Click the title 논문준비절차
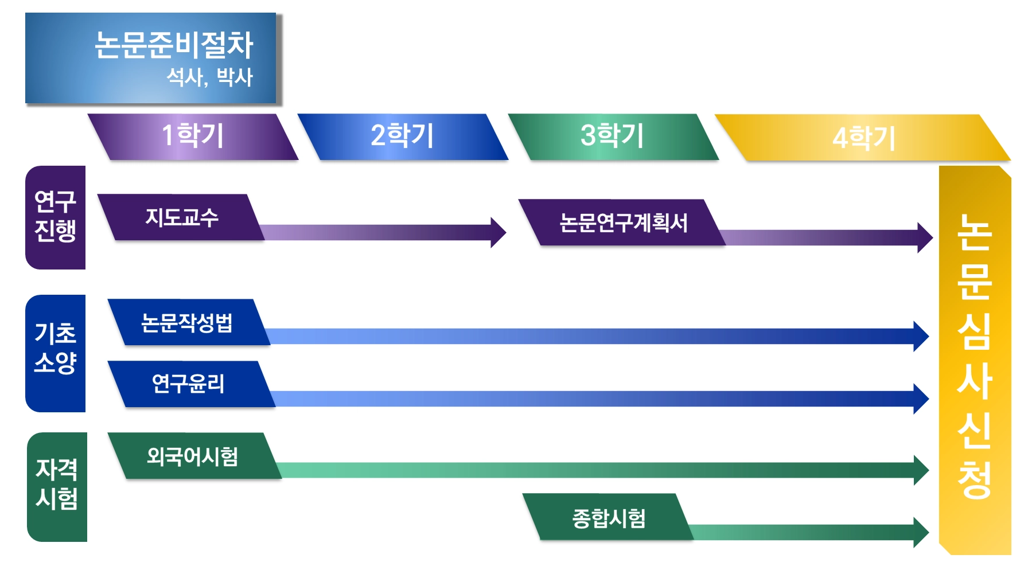173,45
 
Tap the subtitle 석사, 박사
209,77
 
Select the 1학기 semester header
193,136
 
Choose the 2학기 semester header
402,136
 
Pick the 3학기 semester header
613,136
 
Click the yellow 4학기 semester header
863,138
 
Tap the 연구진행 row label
55,217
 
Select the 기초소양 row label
55,348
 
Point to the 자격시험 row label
56,485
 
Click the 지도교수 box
182,217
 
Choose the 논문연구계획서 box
623,222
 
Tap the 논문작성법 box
187,322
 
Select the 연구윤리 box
188,384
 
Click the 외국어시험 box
192,456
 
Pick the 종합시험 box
609,518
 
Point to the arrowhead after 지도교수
498,232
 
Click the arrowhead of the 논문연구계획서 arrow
925,237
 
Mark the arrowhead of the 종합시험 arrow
921,532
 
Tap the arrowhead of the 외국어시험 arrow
921,470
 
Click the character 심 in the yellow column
974,332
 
